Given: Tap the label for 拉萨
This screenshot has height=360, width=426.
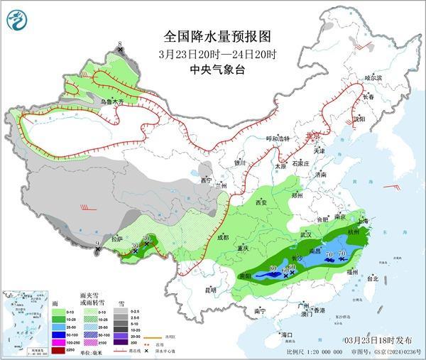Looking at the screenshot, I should [116, 239].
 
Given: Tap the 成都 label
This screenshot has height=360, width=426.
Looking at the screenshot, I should [224, 237].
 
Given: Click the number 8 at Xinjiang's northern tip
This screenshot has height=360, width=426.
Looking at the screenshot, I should [120, 45].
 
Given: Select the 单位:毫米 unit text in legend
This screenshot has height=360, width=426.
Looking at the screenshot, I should [85, 349].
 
